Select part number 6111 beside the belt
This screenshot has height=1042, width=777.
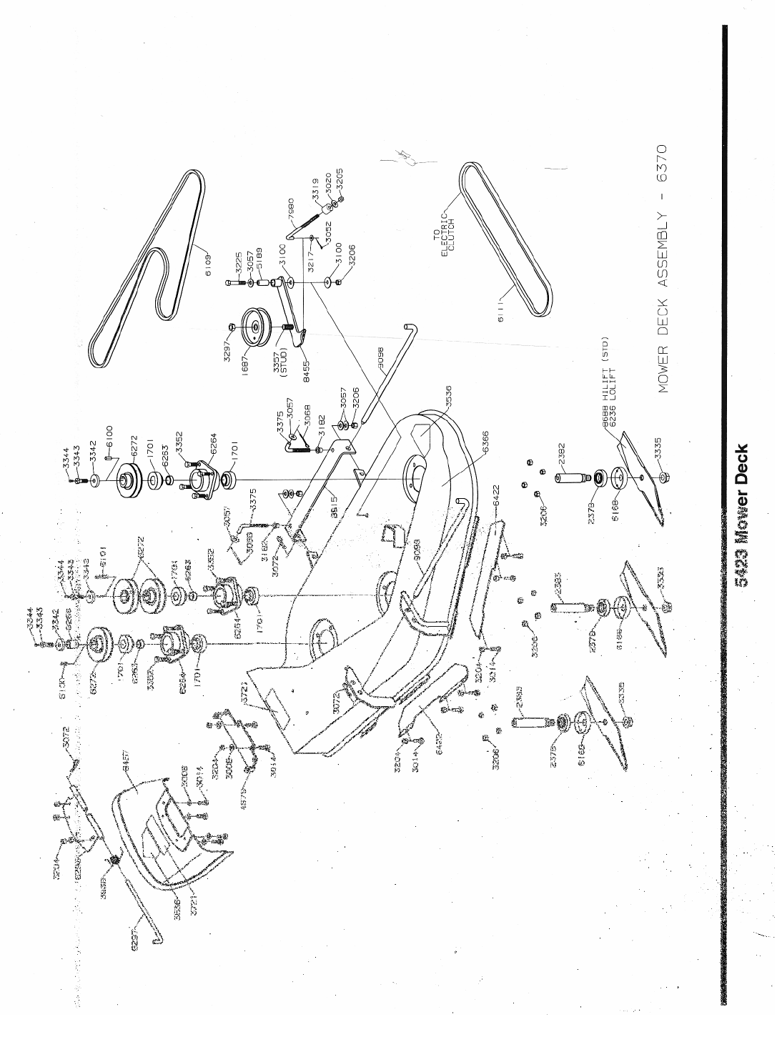tap(501, 313)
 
